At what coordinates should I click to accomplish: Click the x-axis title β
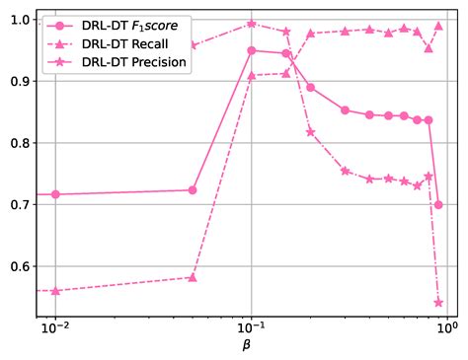click(247, 346)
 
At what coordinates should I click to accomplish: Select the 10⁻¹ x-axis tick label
click(252, 329)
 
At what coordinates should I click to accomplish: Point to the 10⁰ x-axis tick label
click(447, 329)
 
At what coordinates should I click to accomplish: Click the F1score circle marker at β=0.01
click(55, 194)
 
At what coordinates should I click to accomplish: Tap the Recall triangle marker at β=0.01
click(55, 291)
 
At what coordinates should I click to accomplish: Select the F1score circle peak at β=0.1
click(252, 50)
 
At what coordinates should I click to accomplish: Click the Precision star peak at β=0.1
click(252, 24)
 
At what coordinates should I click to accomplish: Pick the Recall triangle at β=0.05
click(193, 277)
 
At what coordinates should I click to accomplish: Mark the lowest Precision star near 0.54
click(438, 302)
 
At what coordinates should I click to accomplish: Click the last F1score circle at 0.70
click(438, 205)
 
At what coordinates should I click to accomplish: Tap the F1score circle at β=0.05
click(193, 190)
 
